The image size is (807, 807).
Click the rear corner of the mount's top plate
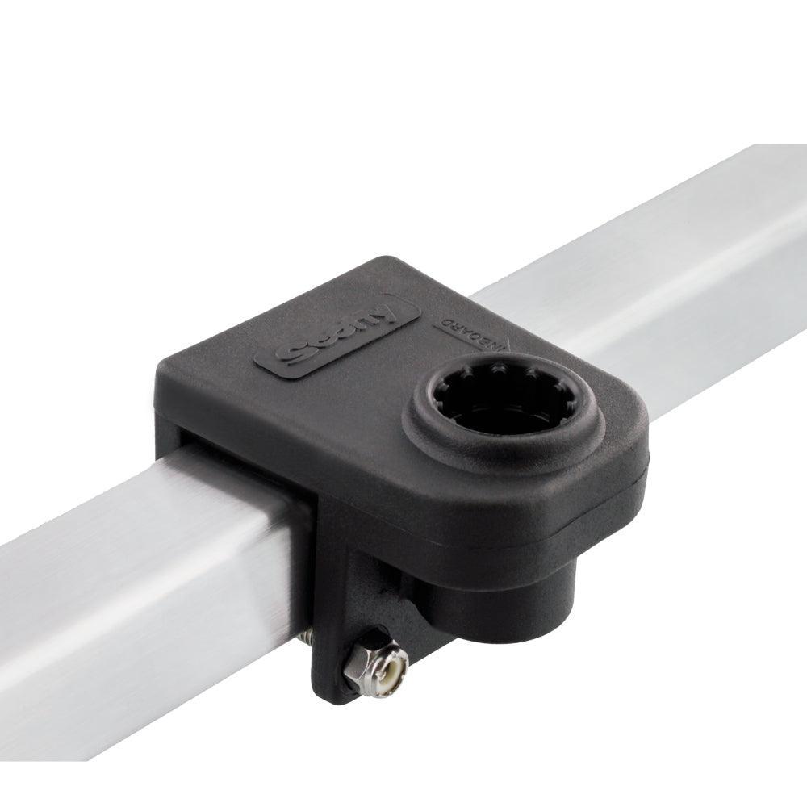pos(387,262)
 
